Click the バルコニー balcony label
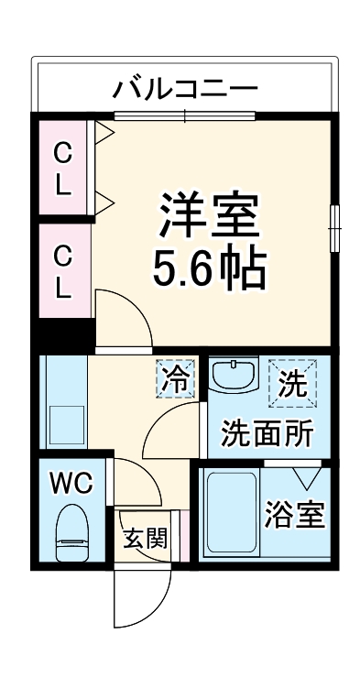pyautogui.click(x=186, y=89)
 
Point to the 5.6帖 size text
pyautogui.click(x=211, y=268)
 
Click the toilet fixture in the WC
pyautogui.click(x=71, y=535)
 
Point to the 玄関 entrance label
pyautogui.click(x=146, y=538)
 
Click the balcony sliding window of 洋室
pyautogui.click(x=184, y=115)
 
